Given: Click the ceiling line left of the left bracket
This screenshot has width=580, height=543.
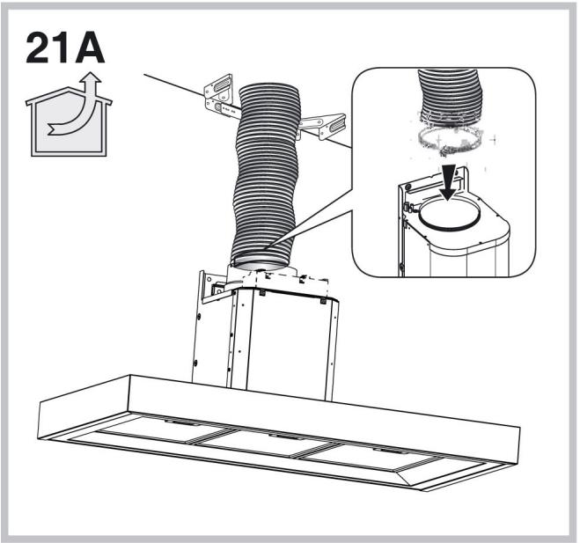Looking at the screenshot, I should pyautogui.click(x=167, y=85).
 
